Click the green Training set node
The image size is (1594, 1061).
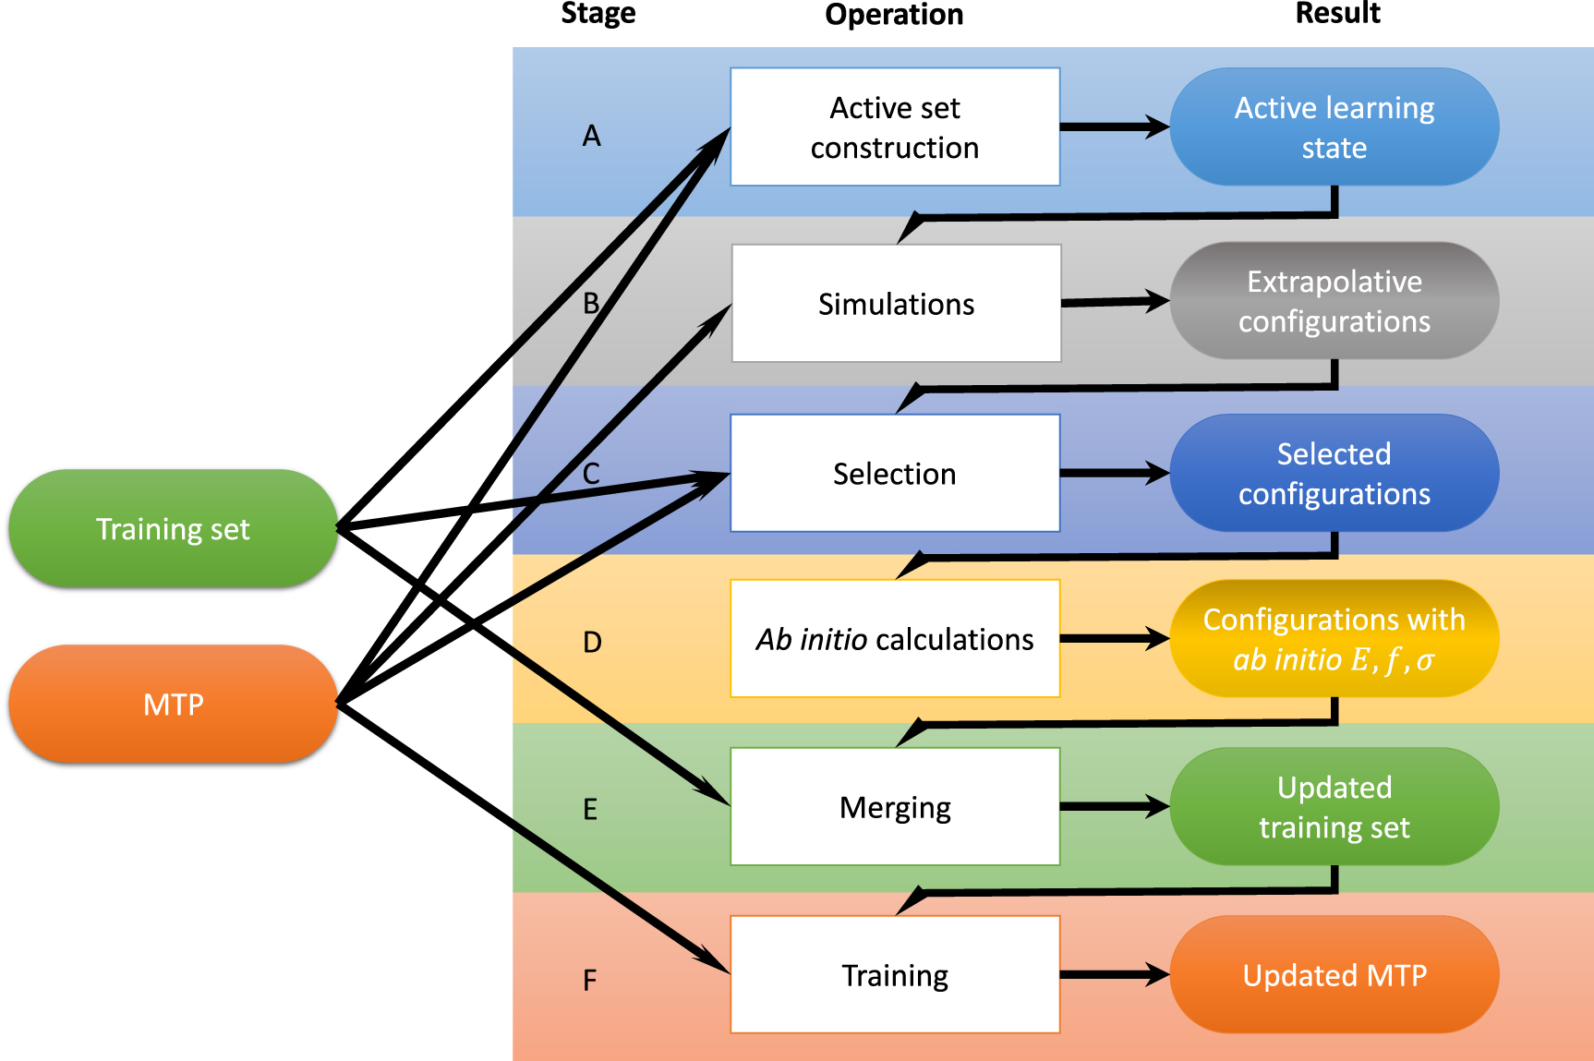173,528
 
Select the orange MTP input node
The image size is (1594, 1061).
173,704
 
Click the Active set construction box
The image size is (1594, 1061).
894,127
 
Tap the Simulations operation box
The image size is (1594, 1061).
896,303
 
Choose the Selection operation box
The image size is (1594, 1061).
894,473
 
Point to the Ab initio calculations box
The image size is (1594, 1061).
894,638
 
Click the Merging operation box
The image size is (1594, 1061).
894,806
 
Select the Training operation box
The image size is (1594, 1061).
894,974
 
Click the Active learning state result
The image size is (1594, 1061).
1334,127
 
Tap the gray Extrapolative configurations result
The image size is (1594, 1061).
1334,301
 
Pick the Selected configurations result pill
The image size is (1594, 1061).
1334,473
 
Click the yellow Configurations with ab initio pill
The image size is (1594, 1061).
1334,638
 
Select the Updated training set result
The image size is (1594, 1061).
1334,806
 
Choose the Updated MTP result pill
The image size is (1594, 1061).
1334,974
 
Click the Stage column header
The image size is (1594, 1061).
598,13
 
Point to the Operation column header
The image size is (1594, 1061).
893,14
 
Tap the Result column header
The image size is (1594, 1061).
1336,13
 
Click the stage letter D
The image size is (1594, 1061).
592,642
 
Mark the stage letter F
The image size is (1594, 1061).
589,980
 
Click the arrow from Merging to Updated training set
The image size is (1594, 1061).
1114,806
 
